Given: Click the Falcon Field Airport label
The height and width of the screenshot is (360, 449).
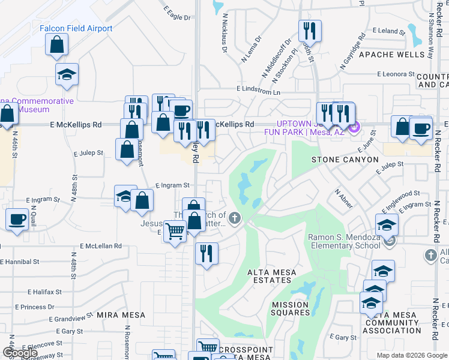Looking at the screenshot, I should tap(76, 29).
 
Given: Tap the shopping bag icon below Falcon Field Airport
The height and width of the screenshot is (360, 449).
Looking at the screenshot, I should tap(56, 44).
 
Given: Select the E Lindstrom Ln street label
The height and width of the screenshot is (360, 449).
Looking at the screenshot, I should tap(258, 89).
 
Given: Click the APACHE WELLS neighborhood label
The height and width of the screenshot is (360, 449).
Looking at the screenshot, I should tap(391, 55).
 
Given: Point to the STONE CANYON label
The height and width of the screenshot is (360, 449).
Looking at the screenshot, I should tap(345, 160).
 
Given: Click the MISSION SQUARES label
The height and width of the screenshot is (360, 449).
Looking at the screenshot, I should tap(291, 308).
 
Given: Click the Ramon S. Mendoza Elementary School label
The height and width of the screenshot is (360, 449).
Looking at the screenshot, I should tap(344, 241).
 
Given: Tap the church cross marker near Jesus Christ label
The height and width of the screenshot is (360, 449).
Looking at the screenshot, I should tap(235, 218).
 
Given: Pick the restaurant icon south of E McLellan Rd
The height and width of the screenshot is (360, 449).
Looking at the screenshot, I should tap(206, 253).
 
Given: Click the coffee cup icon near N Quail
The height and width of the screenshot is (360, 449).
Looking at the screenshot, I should tap(17, 219).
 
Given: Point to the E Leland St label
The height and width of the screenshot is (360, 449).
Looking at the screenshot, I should tap(385, 31).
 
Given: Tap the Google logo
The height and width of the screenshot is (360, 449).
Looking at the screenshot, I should tap(20, 353).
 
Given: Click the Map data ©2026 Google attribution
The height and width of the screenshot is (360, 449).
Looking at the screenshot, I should tap(411, 355).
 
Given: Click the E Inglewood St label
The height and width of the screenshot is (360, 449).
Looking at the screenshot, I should tap(402, 194).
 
